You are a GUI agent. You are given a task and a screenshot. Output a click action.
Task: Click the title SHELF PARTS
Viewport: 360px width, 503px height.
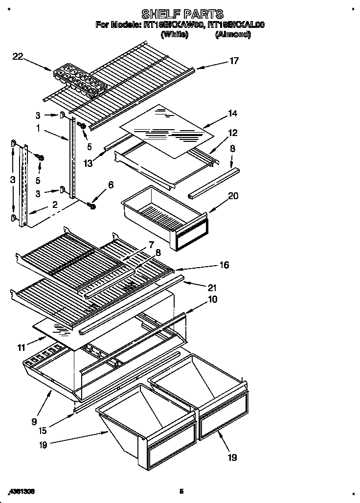pos(182,13)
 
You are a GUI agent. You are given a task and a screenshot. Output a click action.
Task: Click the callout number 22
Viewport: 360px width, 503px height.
pos(18,57)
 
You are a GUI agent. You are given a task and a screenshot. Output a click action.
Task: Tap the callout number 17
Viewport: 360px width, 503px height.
pos(234,61)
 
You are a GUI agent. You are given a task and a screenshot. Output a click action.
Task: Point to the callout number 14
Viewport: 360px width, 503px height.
pos(232,114)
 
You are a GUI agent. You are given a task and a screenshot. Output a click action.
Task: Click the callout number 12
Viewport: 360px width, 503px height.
pos(232,133)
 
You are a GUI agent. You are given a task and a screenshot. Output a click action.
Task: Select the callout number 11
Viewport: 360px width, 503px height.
pos(21,347)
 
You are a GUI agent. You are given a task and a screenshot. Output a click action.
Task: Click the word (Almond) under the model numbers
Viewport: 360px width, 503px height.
pos(233,35)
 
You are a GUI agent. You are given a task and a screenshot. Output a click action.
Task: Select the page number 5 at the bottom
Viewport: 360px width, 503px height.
pos(181,491)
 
